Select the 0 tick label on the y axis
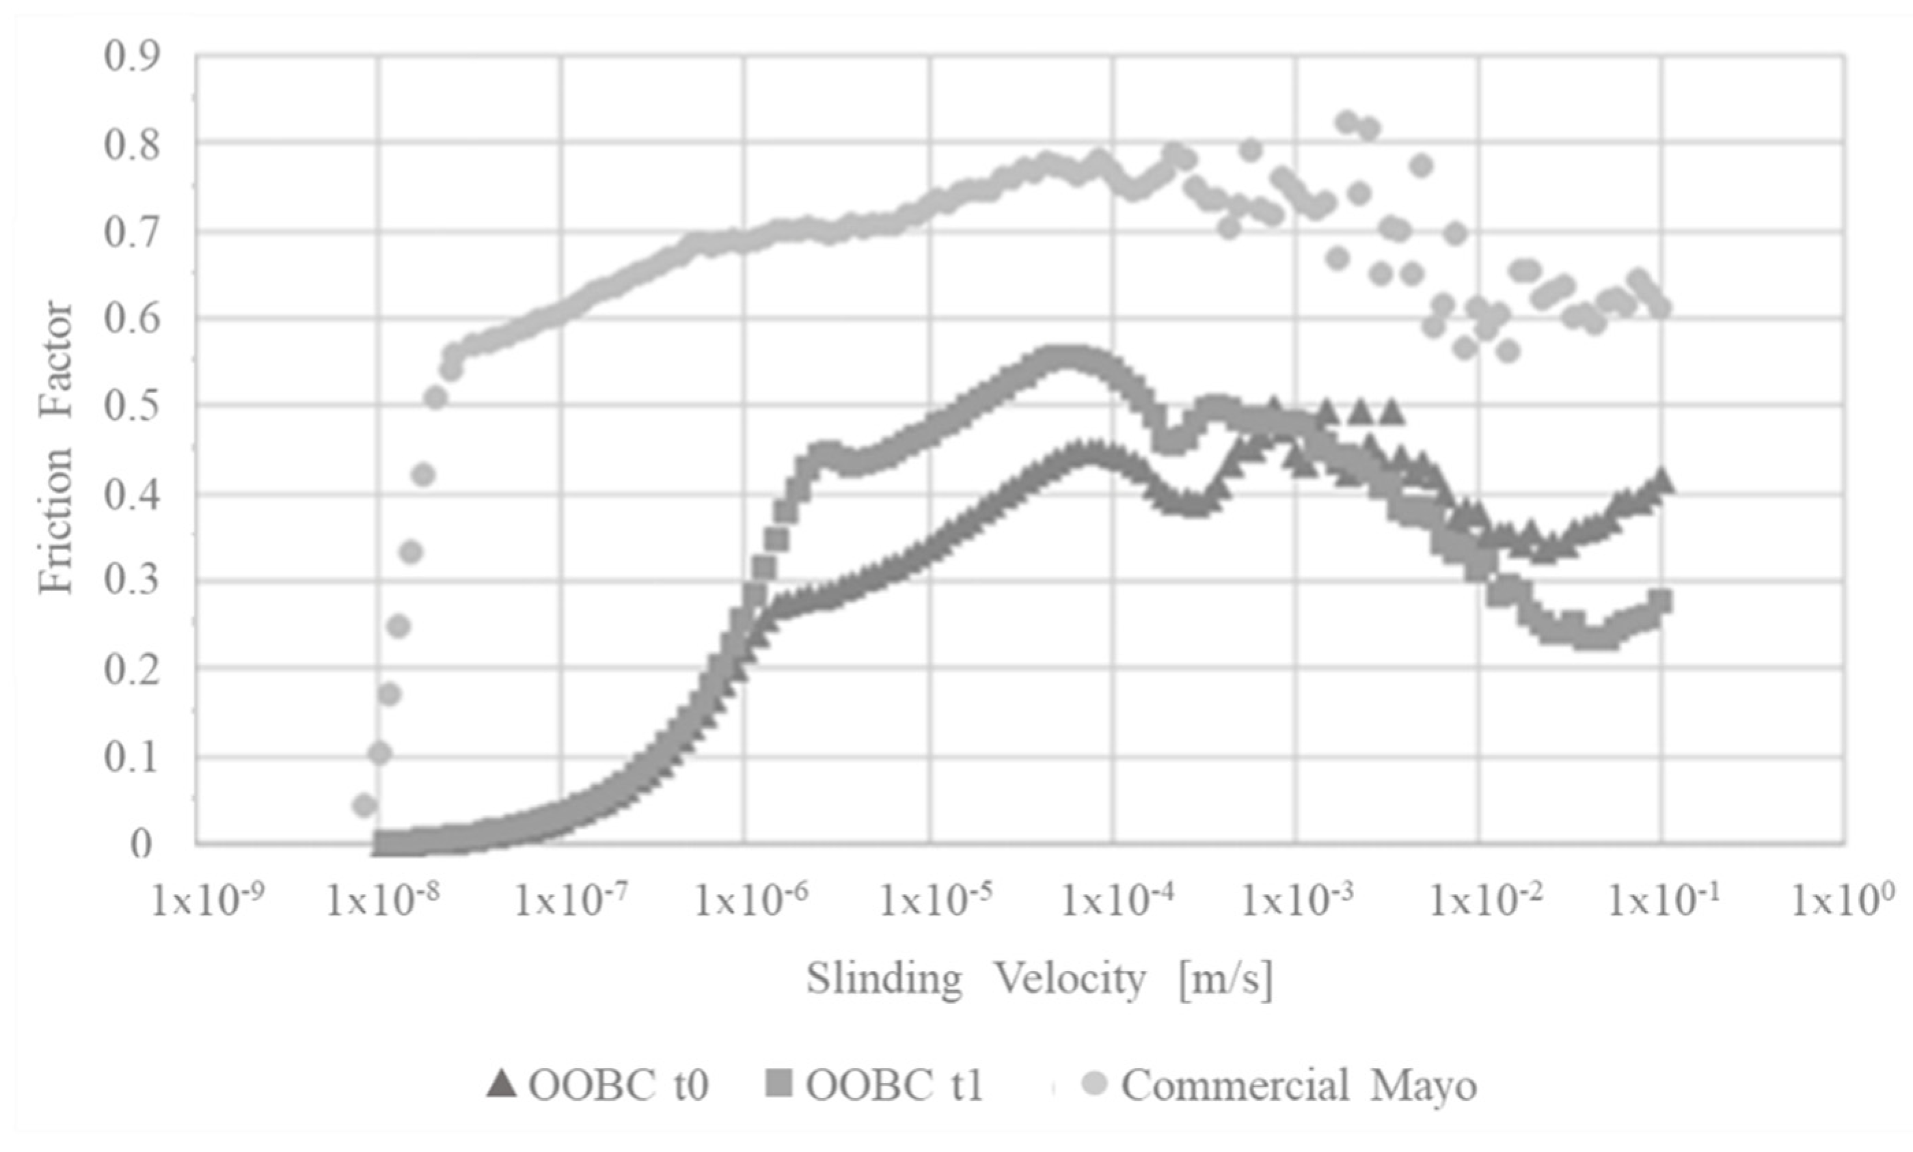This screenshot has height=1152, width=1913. click(x=141, y=844)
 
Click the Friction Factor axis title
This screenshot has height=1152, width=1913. click(x=56, y=448)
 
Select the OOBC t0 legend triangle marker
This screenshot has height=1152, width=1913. click(x=502, y=1084)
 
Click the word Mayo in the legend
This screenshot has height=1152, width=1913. click(x=1422, y=1086)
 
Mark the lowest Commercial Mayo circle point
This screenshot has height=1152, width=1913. click(x=364, y=806)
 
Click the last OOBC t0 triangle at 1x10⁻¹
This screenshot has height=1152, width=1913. click(x=1661, y=480)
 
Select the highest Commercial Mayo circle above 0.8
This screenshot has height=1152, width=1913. click(x=1348, y=122)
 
